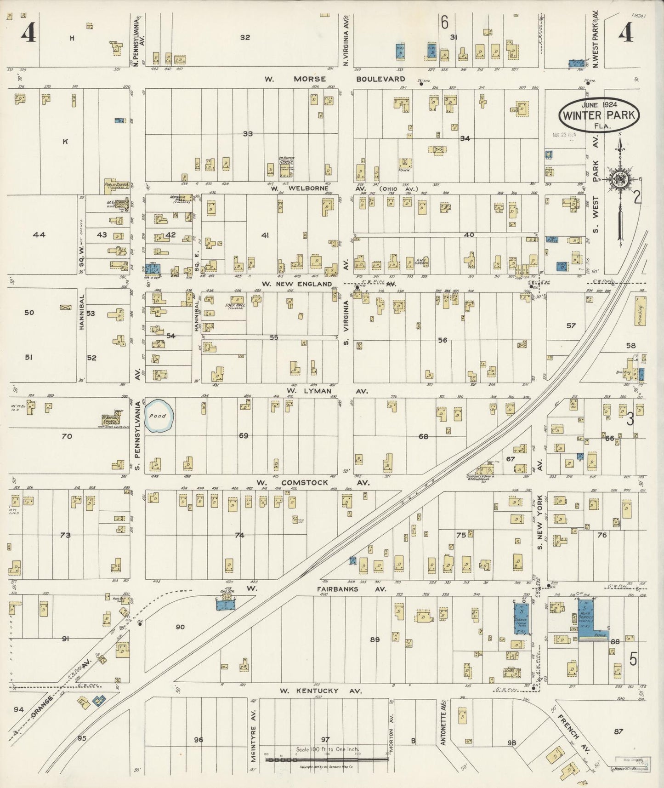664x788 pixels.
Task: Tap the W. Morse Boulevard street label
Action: click(x=335, y=79)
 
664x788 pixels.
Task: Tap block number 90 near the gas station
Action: click(x=180, y=627)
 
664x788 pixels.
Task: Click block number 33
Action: click(x=248, y=134)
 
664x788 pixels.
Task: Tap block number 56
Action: click(x=442, y=340)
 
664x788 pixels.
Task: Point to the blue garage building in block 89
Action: click(x=521, y=619)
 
